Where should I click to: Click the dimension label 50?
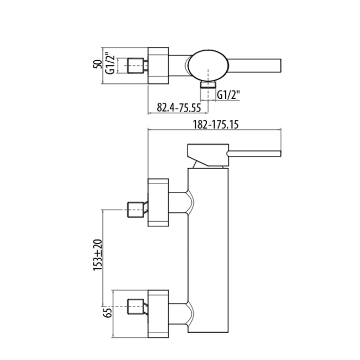tap(97, 64)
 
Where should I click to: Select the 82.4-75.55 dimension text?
tap(179, 107)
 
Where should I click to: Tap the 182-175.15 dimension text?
tap(215, 124)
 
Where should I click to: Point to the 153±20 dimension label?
tap(97, 255)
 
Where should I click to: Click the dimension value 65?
tap(108, 312)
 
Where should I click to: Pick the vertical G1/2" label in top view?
tap(110, 65)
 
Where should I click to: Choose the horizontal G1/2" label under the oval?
tap(228, 95)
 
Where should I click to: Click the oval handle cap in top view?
tap(208, 65)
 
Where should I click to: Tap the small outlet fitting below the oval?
tap(208, 84)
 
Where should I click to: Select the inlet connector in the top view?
tap(137, 66)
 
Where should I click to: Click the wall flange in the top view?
tap(158, 66)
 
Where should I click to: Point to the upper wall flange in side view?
tap(158, 203)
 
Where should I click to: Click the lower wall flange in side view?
tap(158, 314)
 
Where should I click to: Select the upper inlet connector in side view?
tap(137, 210)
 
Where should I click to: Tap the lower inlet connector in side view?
tap(137, 307)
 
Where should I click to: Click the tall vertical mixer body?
tap(208, 250)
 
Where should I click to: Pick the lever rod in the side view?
tap(254, 154)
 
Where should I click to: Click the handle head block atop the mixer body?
tap(208, 155)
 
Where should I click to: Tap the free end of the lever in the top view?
tap(281, 66)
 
